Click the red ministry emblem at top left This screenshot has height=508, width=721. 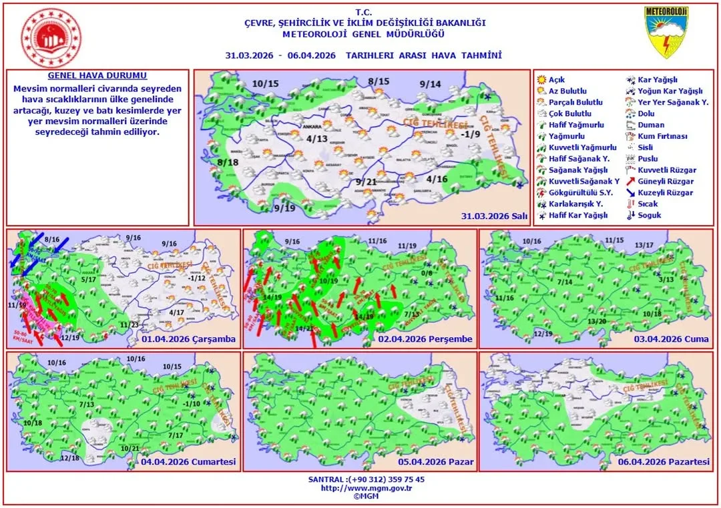point(51,37)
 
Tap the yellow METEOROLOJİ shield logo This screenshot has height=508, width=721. point(666,32)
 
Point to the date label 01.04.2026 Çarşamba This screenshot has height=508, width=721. point(189,339)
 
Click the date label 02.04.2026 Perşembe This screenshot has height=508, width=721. point(425,339)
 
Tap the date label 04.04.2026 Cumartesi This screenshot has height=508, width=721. point(189,462)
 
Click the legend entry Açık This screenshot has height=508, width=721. point(556,79)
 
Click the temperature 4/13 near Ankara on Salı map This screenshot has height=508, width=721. point(318,139)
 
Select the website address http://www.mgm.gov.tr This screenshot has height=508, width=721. point(367,488)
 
